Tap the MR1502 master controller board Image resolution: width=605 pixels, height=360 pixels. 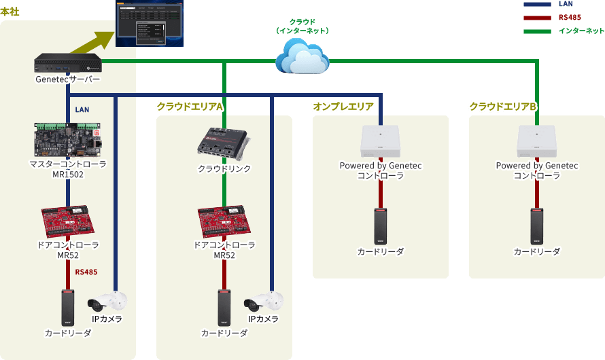tap(68, 140)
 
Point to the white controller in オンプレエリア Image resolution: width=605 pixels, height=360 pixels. tap(381, 141)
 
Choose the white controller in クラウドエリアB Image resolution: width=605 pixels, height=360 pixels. tap(537, 141)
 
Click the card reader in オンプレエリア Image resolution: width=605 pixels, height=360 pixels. tap(381, 226)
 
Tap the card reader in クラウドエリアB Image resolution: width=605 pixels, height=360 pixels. tap(537, 226)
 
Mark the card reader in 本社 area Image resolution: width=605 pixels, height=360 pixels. tap(68, 308)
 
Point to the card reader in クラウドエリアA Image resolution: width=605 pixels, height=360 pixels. tap(224, 308)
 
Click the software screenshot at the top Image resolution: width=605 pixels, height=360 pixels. tap(150, 24)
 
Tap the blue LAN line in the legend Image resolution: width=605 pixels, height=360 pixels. tap(536, 4)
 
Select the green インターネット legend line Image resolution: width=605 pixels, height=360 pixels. tap(536, 31)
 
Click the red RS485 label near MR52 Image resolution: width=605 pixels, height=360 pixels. tap(86, 272)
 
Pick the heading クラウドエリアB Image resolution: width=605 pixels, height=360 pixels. tap(503, 107)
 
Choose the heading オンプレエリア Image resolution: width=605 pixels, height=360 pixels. tap(343, 107)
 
